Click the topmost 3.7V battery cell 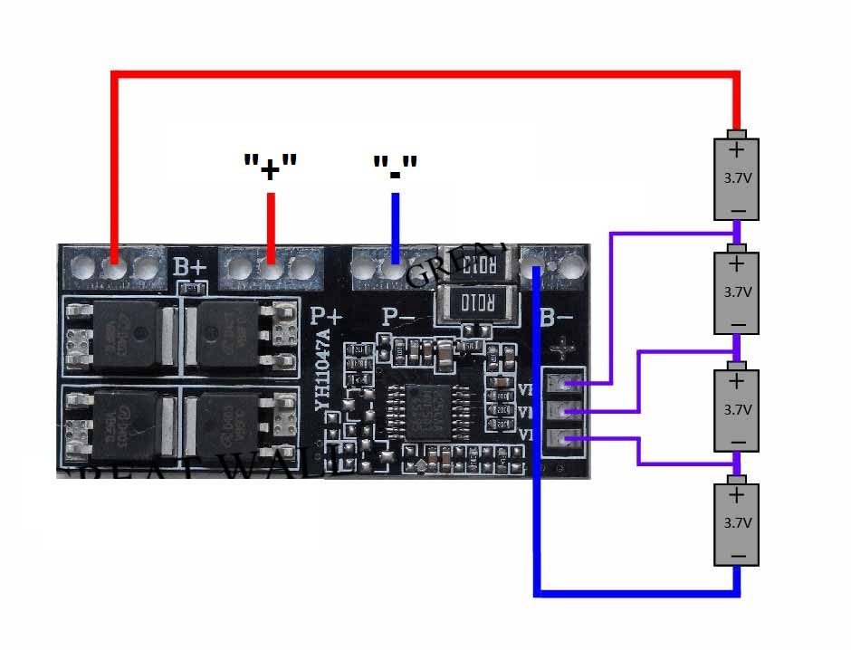click(737, 179)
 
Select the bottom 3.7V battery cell click(737, 523)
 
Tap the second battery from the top click(737, 293)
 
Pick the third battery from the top click(737, 409)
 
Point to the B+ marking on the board click(191, 267)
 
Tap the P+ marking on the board click(327, 316)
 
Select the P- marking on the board click(398, 316)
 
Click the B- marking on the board click(556, 318)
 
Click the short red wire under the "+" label click(271, 226)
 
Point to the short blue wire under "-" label click(395, 226)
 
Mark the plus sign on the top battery click(737, 149)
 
